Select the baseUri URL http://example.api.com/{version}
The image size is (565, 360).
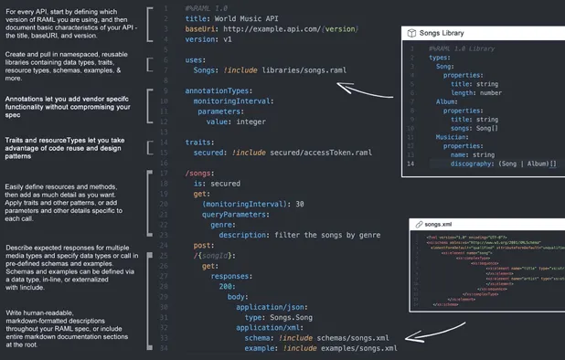click(x=291, y=29)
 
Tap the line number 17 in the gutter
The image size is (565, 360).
click(x=164, y=172)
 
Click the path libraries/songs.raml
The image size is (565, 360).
click(x=301, y=70)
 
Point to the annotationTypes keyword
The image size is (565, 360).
click(x=219, y=91)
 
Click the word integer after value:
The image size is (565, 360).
click(x=249, y=122)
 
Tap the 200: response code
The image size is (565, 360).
click(x=228, y=286)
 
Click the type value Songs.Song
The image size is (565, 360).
click(x=285, y=317)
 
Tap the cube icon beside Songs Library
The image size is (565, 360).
click(x=412, y=33)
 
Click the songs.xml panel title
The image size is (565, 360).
click(x=439, y=224)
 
